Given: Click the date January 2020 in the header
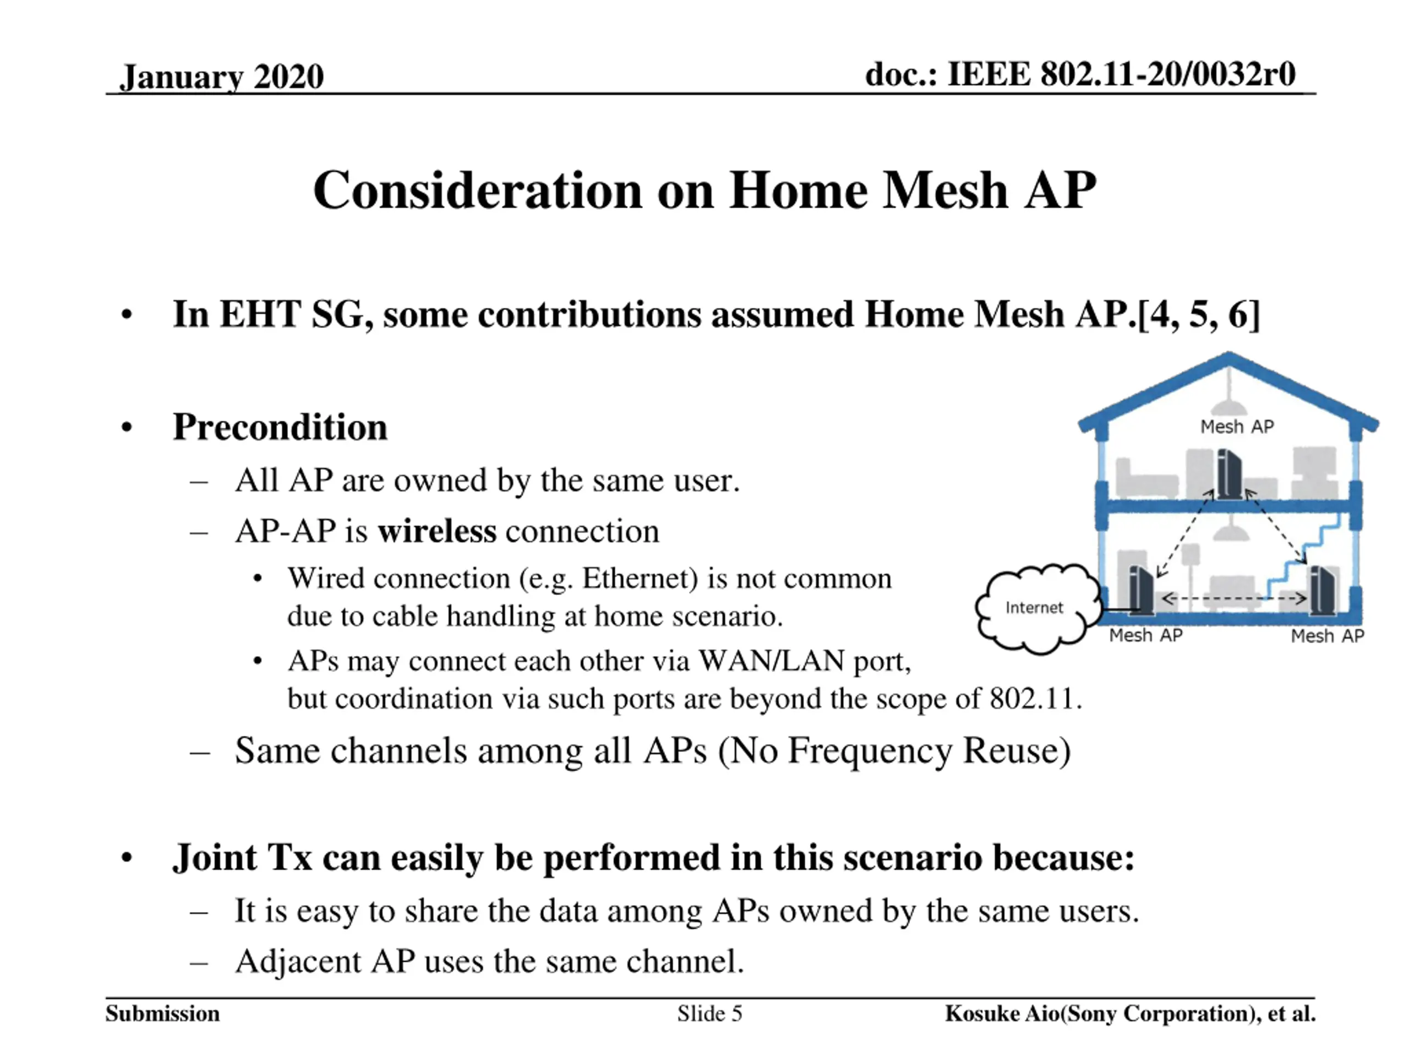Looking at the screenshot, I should pos(222,77).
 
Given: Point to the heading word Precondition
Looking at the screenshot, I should pos(280,426).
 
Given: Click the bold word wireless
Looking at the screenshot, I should pos(436,531).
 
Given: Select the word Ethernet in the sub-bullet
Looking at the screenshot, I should pos(640,579).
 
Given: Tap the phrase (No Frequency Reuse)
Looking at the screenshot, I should pos(894,750).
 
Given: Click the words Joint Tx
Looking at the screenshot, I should pos(243,857).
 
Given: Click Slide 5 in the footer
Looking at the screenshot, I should pos(709,1013).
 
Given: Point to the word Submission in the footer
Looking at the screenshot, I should pos(162,1013).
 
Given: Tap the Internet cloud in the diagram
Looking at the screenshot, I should pos(1034,608).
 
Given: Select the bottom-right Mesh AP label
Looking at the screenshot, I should pos(1327,636).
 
